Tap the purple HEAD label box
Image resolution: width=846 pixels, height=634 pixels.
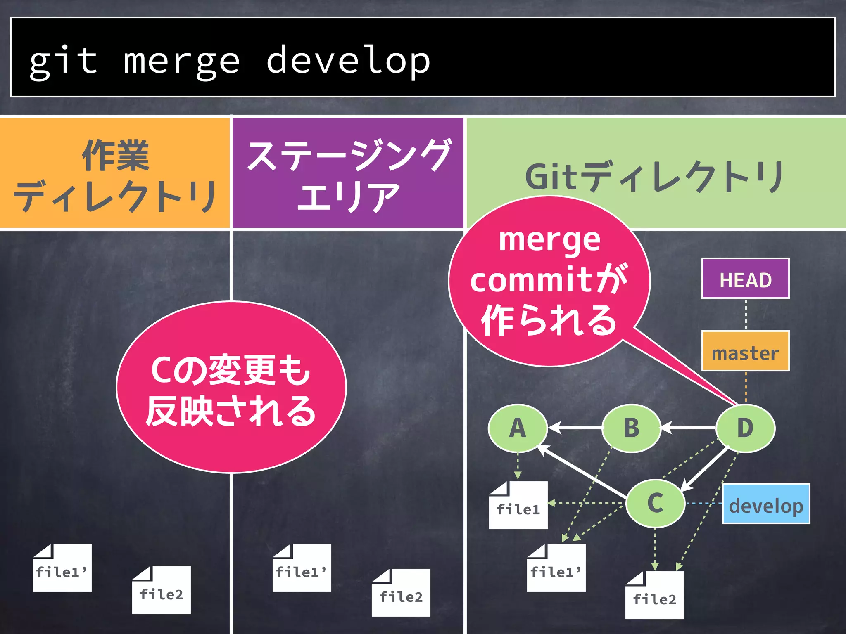(x=745, y=279)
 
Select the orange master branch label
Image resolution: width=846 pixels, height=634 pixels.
(x=745, y=351)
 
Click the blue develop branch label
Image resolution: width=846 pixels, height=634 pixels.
(x=766, y=504)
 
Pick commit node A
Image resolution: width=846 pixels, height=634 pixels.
(x=518, y=428)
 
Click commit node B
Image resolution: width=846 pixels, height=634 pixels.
(x=631, y=428)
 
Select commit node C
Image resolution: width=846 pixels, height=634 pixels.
(x=655, y=503)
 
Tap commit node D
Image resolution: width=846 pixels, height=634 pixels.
(x=745, y=428)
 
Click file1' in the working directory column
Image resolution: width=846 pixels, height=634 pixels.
(x=62, y=568)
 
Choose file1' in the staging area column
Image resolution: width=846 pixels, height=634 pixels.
(x=302, y=568)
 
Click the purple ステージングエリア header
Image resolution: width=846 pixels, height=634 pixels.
(x=348, y=173)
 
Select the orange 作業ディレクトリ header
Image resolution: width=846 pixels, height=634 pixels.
(x=114, y=173)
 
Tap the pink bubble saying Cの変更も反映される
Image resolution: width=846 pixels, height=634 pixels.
(x=231, y=388)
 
